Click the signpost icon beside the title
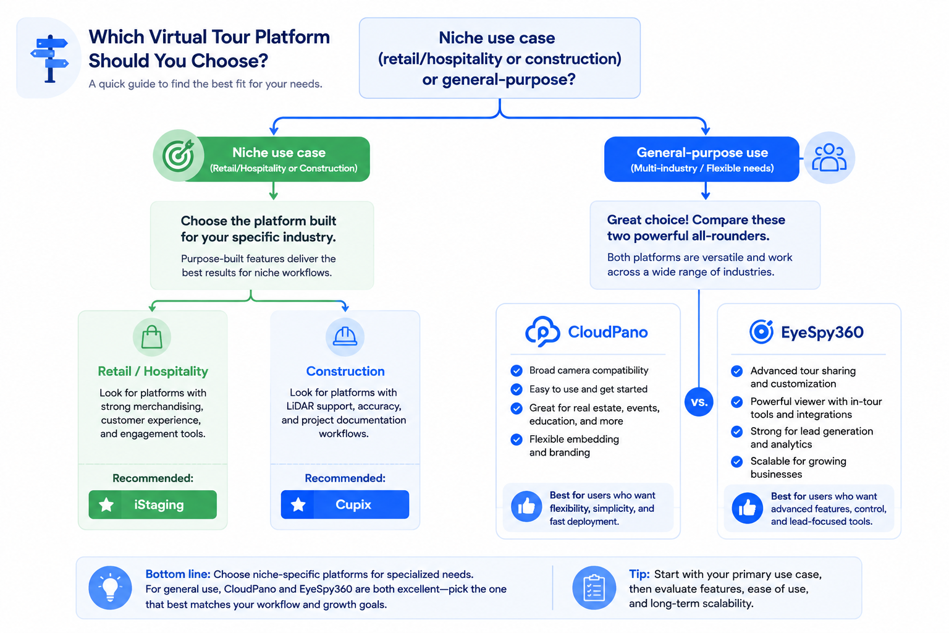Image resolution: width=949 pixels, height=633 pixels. [x=49, y=59]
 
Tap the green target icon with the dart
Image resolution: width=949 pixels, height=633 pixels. [x=179, y=155]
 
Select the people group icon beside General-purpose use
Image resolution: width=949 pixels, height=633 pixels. [x=829, y=158]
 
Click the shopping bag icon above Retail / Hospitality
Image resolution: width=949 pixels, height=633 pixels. [x=151, y=337]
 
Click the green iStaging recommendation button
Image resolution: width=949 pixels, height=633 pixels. [x=153, y=504]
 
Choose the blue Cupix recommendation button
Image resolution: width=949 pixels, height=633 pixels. [x=345, y=504]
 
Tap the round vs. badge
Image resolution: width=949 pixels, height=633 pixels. [x=699, y=402]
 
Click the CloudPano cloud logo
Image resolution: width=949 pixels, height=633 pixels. [x=542, y=331]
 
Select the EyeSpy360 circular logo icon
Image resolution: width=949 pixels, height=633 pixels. [x=761, y=331]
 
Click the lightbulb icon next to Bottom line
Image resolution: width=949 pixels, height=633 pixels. [x=110, y=588]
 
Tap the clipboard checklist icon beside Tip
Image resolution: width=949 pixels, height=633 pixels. [x=594, y=588]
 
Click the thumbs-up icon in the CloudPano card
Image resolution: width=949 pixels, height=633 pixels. [x=526, y=506]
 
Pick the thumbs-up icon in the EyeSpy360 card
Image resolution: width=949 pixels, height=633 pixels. [x=748, y=508]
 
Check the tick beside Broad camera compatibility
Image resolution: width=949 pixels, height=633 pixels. [x=517, y=370]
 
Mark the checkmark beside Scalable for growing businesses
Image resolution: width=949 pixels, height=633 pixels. [x=736, y=461]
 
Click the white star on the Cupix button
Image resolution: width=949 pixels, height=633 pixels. [x=298, y=504]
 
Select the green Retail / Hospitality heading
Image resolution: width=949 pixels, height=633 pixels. [x=153, y=372]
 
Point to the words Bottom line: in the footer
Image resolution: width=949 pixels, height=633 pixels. [x=178, y=574]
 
